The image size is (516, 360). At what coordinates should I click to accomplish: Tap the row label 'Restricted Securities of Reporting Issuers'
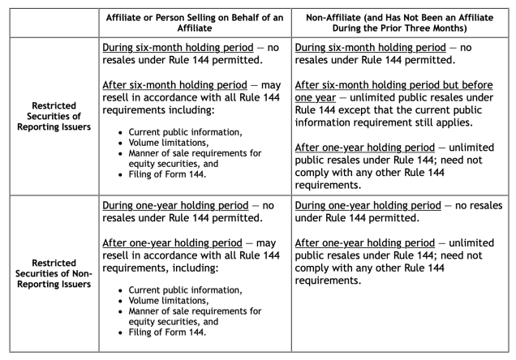(54, 127)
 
